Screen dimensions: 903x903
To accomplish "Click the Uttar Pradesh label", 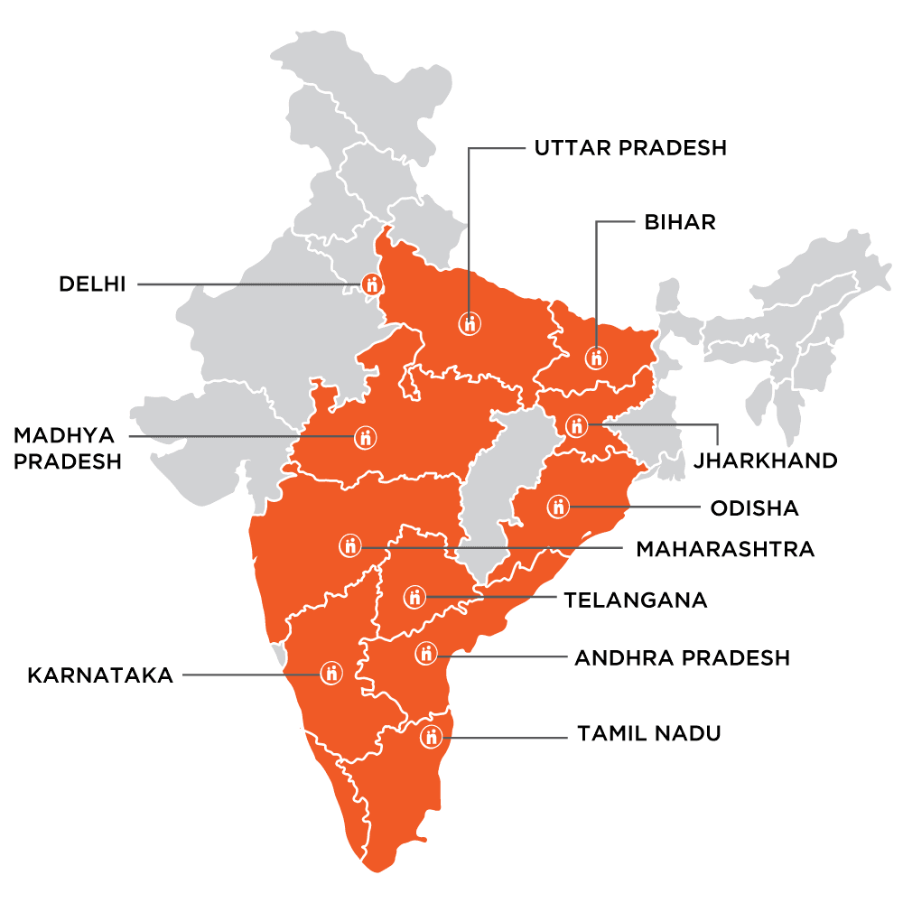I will tap(630, 148).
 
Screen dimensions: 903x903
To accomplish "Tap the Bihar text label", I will tap(667, 222).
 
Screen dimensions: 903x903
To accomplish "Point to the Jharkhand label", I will tap(766, 461).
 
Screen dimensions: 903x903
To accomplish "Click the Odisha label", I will tap(754, 508).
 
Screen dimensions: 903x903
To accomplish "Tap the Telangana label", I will tap(635, 600).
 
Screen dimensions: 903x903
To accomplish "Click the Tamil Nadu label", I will tap(649, 733).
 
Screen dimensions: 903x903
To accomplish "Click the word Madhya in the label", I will tap(64, 436).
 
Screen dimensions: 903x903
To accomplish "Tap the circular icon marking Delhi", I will tap(372, 284).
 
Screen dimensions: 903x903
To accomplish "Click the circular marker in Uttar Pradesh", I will tap(470, 322).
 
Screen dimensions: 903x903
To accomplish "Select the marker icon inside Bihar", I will tap(595, 358).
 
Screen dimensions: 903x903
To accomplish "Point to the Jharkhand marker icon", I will tap(577, 425).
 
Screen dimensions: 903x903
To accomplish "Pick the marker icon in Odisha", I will tap(559, 507).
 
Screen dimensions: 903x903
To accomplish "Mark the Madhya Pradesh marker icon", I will tap(365, 438).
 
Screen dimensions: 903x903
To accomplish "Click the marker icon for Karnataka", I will tap(331, 673).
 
